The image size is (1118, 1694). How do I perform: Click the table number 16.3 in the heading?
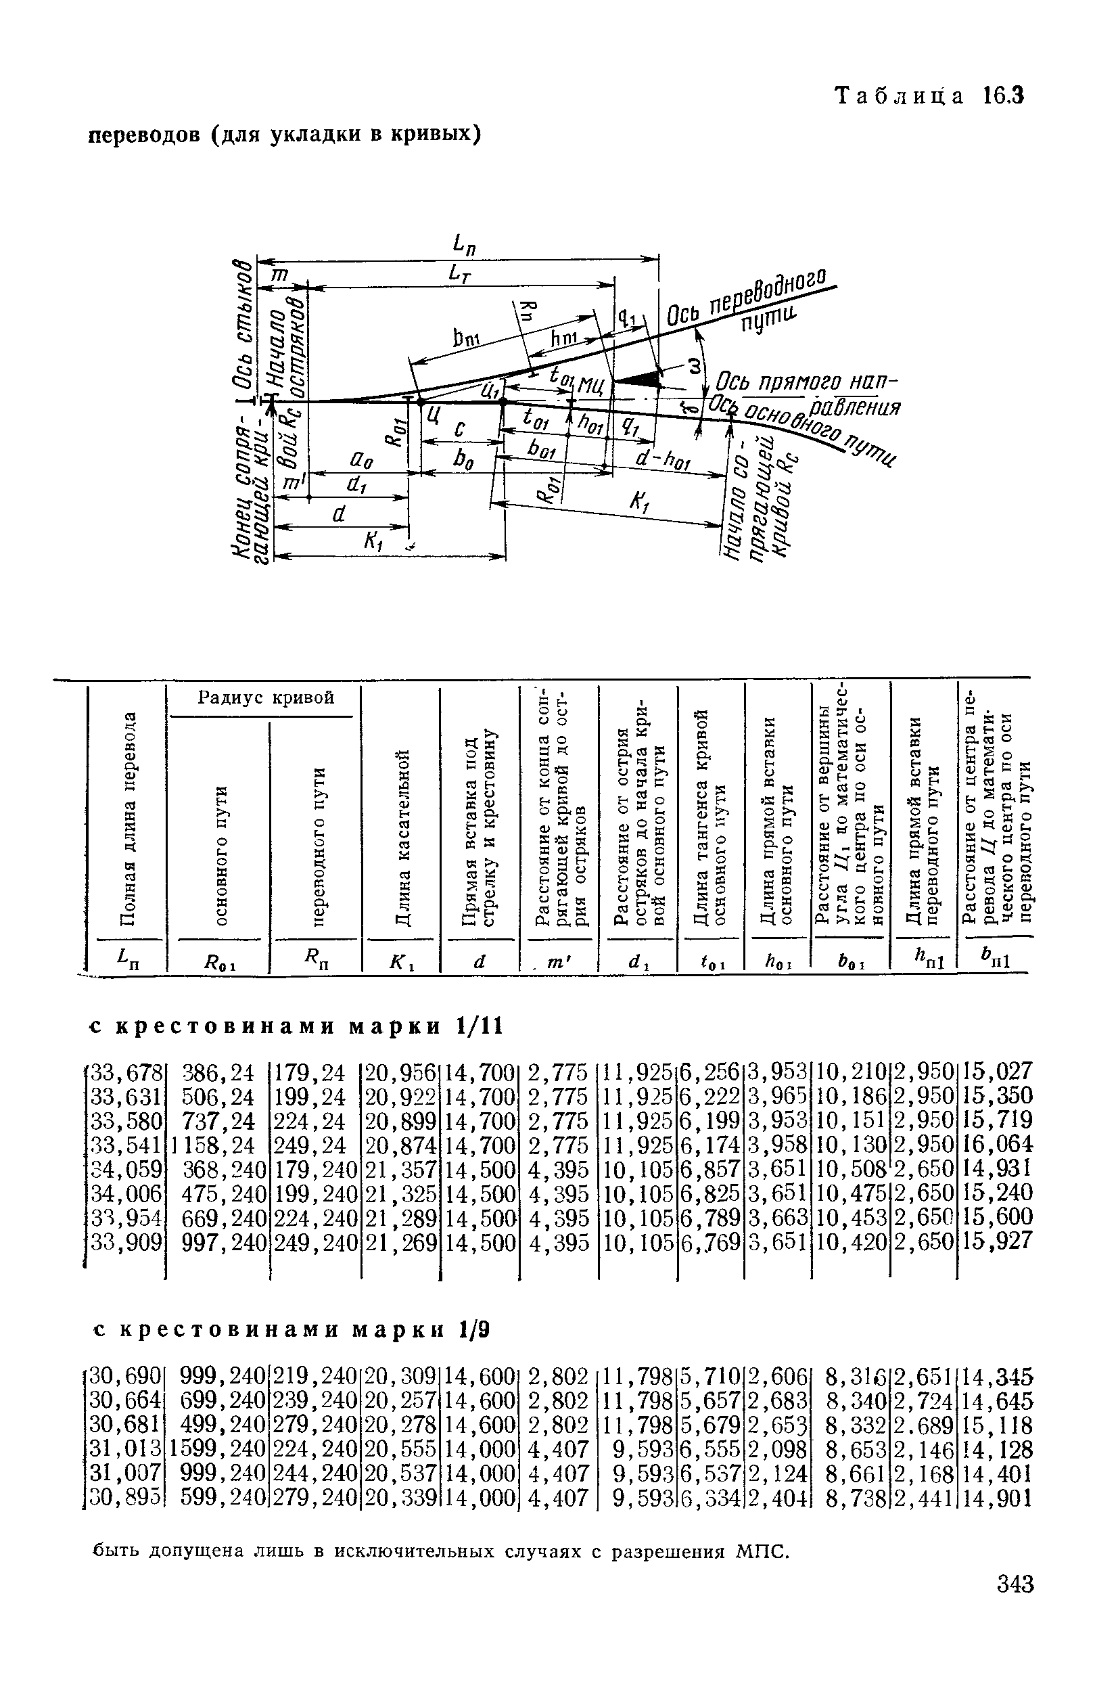tap(1002, 95)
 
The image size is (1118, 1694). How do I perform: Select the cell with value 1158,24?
tap(213, 1145)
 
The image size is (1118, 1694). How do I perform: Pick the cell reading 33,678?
tap(126, 1072)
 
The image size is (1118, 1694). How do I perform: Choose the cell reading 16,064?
tap(997, 1145)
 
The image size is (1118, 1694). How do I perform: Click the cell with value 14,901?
tap(997, 1498)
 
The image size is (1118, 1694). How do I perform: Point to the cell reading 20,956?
tap(400, 1072)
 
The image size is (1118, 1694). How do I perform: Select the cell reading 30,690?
tap(126, 1377)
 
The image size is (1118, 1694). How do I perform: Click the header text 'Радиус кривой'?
tap(265, 697)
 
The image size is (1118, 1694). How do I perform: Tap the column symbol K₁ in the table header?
tap(398, 961)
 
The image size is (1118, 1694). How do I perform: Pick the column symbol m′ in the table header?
tap(554, 962)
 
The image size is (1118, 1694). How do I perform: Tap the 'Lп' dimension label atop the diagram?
tap(464, 246)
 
